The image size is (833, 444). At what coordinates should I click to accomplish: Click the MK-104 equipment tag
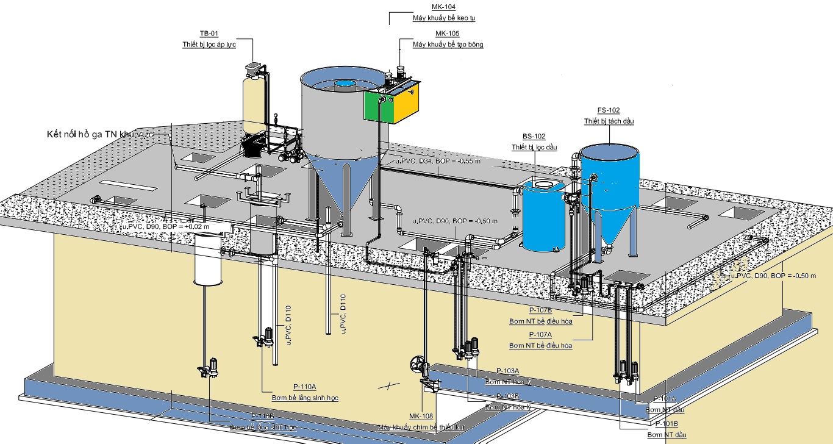(x=443, y=7)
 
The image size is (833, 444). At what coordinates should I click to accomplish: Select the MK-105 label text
(x=447, y=34)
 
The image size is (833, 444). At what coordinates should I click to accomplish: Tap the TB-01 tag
(x=209, y=33)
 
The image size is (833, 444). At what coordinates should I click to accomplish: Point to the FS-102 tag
(x=609, y=110)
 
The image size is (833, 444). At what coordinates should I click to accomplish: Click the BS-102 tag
(x=534, y=136)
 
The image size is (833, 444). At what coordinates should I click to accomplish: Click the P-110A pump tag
(x=304, y=387)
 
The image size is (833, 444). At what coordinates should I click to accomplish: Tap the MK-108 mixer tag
(x=421, y=417)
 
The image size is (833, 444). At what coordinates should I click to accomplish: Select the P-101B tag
(x=667, y=423)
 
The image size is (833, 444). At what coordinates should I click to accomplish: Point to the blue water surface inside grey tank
(x=345, y=84)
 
